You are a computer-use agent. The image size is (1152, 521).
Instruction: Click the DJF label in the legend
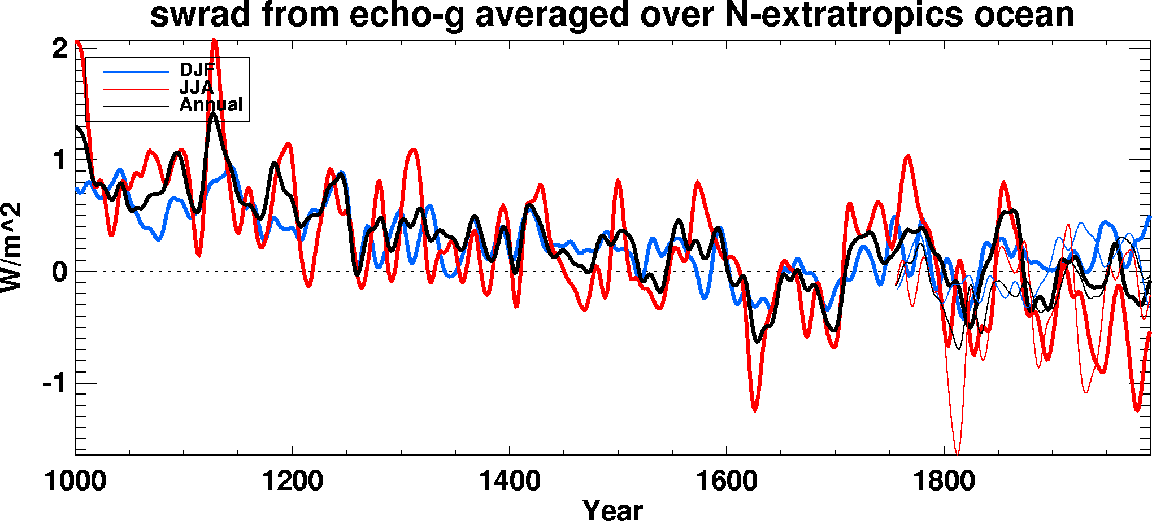[x=197, y=71]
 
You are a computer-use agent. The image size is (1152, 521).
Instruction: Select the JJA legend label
[x=196, y=87]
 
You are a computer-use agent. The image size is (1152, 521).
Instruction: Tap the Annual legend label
[x=211, y=104]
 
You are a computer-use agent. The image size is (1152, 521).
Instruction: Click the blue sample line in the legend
[x=136, y=72]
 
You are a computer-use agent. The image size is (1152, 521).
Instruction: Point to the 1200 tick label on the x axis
[x=292, y=481]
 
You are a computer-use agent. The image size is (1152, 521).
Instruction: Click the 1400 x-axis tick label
[x=509, y=481]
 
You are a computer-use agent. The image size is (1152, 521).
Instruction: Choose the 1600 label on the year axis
[x=726, y=481]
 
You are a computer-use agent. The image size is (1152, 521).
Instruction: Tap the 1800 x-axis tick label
[x=944, y=481]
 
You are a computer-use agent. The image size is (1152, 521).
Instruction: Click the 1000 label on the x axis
[x=75, y=481]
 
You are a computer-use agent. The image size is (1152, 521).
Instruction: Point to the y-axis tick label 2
[x=60, y=49]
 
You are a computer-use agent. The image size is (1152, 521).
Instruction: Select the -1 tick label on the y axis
[x=55, y=384]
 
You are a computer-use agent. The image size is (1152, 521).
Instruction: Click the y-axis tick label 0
[x=60, y=272]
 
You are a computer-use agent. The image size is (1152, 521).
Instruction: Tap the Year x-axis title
[x=612, y=510]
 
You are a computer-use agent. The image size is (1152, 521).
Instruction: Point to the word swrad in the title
[x=200, y=15]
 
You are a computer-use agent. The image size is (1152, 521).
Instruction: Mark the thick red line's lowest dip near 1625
[x=755, y=410]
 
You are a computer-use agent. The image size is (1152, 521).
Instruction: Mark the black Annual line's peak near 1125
[x=213, y=113]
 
